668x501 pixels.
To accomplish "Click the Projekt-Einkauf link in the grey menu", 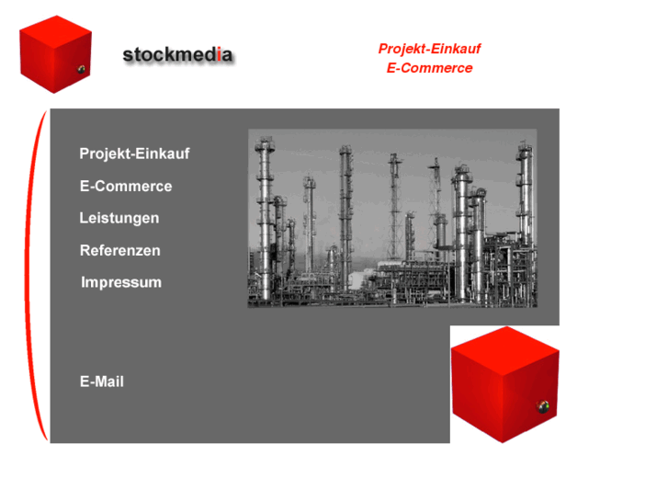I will tap(134, 154).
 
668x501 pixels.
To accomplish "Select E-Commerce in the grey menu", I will tap(126, 187).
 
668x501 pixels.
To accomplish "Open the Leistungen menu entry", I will tap(119, 219).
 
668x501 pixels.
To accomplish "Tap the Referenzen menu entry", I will tap(120, 251).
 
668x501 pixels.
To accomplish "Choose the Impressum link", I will tap(121, 283).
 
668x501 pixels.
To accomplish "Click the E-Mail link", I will tap(102, 381).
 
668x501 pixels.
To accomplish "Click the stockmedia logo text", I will tap(177, 55).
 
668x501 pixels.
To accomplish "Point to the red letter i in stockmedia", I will tap(218, 55).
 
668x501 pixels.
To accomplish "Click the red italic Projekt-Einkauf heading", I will tap(430, 49).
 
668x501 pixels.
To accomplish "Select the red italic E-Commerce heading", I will tap(430, 68).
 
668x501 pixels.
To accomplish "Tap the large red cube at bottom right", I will tap(504, 385).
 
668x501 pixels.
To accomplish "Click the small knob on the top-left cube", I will tap(81, 70).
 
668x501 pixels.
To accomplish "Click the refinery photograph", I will tap(392, 218).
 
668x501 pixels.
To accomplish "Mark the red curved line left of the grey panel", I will tap(34, 276).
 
